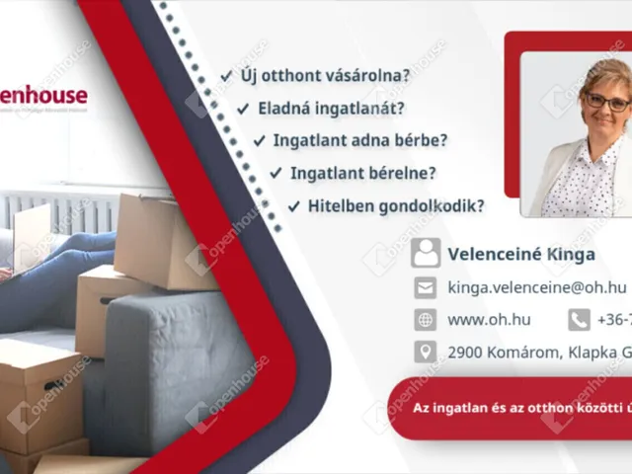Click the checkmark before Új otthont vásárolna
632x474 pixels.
click(x=227, y=75)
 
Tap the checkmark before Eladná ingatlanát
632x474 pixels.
click(x=244, y=109)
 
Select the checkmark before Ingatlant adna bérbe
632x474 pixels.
click(x=260, y=141)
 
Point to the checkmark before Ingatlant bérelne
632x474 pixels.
click(x=276, y=174)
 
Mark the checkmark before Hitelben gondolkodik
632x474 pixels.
click(x=293, y=206)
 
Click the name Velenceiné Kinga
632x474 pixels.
click(x=521, y=254)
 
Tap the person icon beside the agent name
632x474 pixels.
click(x=427, y=253)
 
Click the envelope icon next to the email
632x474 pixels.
click(x=426, y=287)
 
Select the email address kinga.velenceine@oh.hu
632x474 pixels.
click(x=537, y=287)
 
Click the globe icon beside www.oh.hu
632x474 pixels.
click(x=426, y=320)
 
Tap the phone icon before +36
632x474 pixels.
click(x=579, y=320)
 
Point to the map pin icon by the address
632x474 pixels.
click(x=426, y=352)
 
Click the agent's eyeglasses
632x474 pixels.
click(x=605, y=102)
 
